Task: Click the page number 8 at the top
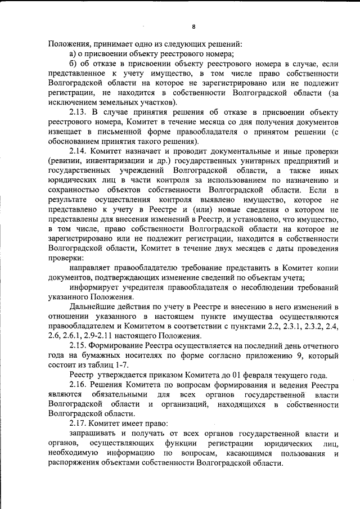193,26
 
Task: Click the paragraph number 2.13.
78,111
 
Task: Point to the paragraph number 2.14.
78,151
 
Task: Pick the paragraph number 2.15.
78,344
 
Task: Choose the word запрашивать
96,434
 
